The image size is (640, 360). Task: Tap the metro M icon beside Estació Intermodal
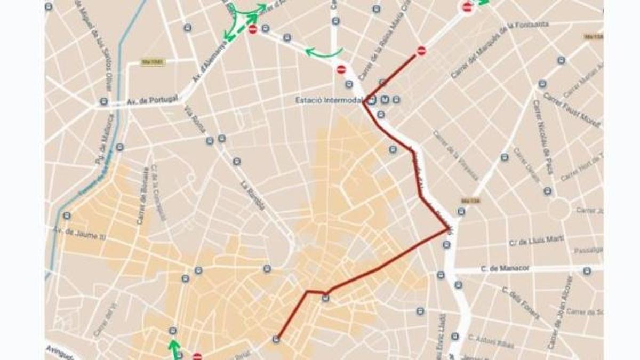click(384, 100)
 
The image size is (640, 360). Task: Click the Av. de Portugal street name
click(151, 101)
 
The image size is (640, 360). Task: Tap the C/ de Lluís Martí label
click(536, 241)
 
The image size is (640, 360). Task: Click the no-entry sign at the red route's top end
click(421, 51)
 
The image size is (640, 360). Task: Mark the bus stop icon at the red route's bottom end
click(276, 339)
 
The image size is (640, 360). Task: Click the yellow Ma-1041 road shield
click(153, 62)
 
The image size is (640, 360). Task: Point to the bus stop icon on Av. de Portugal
click(104, 101)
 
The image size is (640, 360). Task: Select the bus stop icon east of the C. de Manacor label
click(587, 271)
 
